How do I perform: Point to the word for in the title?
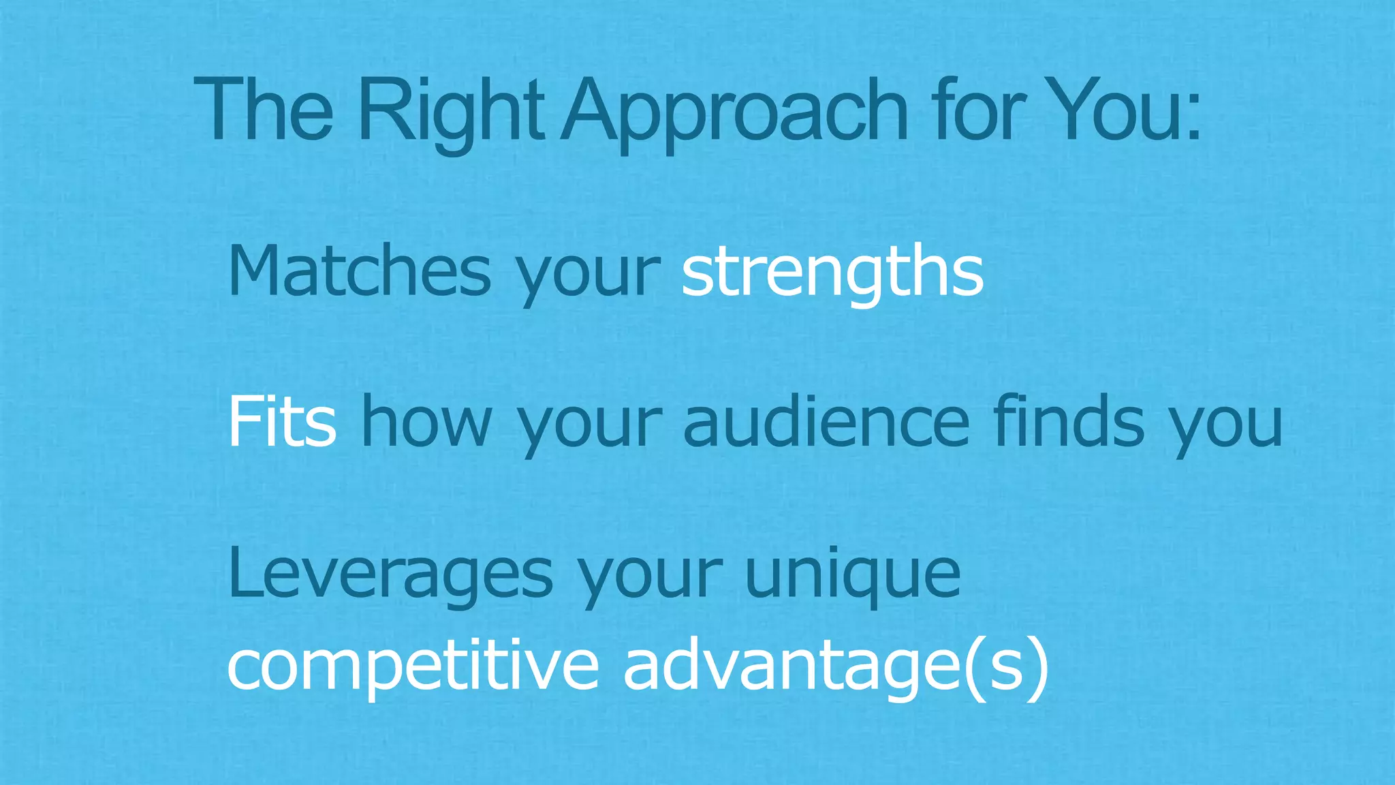pyautogui.click(x=980, y=111)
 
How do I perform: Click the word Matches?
pyautogui.click(x=359, y=271)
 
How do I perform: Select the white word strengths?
pyautogui.click(x=832, y=271)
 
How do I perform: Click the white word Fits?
pyautogui.click(x=281, y=422)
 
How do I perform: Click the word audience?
pyautogui.click(x=826, y=422)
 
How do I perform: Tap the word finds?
pyautogui.click(x=1069, y=422)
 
